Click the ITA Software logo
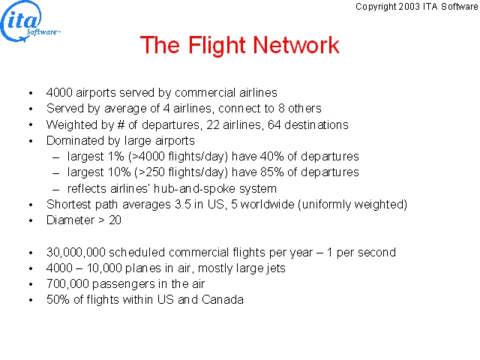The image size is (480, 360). coord(30,22)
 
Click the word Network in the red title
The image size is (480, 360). coord(296,45)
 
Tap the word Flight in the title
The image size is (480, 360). coord(217,46)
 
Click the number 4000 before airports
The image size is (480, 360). coord(59,92)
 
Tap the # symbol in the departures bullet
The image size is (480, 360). coord(120,124)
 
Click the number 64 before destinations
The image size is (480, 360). coord(274,124)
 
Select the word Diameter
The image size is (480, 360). coord(70,220)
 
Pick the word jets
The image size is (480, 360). coord(276,268)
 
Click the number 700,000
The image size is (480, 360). coord(67,284)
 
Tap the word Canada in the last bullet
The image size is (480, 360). coord(223,299)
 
